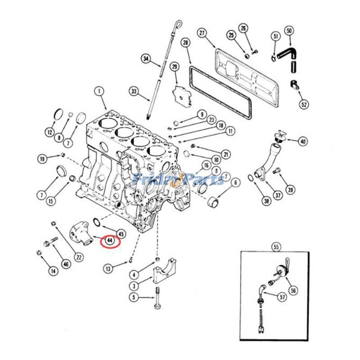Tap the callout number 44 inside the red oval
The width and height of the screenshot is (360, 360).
click(x=110, y=242)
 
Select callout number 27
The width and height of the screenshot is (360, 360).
click(x=202, y=33)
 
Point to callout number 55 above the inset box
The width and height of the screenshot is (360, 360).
click(x=276, y=246)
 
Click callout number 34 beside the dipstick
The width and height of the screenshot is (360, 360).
click(x=145, y=58)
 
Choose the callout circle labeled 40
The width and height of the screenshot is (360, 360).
click(x=303, y=141)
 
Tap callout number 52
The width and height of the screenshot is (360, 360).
click(x=305, y=104)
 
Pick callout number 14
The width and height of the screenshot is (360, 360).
click(x=54, y=271)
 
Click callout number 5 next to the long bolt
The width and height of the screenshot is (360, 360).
click(x=133, y=297)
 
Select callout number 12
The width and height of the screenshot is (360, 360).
click(x=49, y=132)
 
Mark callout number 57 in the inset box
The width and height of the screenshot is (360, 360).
click(x=283, y=297)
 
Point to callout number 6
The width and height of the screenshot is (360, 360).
click(x=235, y=183)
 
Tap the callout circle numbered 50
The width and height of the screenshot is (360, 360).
click(x=289, y=31)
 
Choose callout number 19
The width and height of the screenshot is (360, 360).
click(x=42, y=159)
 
